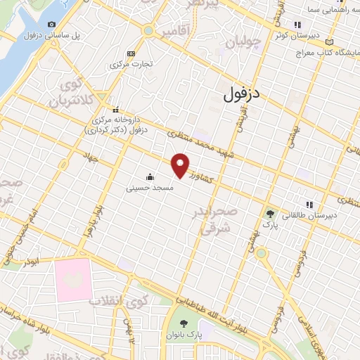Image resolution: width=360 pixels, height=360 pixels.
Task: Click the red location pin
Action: [181, 164]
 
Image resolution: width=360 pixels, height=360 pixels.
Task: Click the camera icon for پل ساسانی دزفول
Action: [51, 25]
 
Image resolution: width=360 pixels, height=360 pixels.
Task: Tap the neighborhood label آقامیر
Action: [175, 31]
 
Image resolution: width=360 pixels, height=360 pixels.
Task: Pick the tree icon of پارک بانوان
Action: [184, 323]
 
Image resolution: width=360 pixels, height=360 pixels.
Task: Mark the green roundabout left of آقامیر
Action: [148, 30]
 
